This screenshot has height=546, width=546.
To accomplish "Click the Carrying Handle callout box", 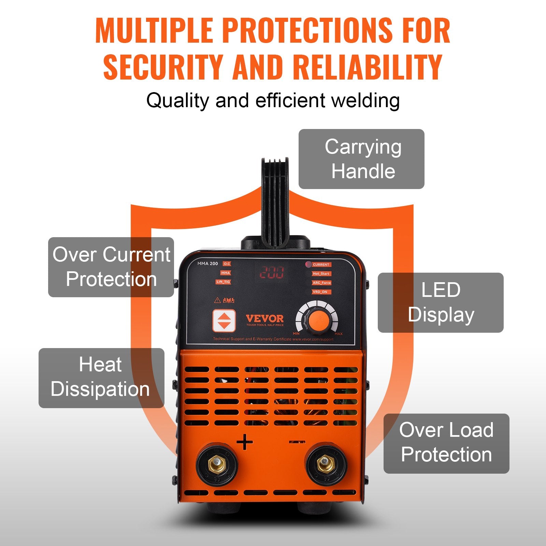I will pos(361,159).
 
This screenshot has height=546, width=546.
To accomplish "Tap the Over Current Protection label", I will pos(111,267).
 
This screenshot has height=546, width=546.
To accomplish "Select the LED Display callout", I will pos(441,302).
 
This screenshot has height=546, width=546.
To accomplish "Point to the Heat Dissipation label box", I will pos(101,378).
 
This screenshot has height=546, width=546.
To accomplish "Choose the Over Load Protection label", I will pos(446,443).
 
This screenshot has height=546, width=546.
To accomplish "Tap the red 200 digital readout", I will pos(272,272).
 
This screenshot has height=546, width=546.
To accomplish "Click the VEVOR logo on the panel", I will pos(265,319).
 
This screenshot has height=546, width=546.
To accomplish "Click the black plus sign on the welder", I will pos(245,443).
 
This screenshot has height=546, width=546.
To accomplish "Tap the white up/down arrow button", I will pos(224,321).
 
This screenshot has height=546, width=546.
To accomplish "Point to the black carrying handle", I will pos(275,201).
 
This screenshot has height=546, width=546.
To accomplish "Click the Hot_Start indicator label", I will pos(321,274).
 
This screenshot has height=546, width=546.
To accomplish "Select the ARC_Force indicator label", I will pos(321,283).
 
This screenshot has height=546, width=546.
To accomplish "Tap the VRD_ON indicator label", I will pos(320,292).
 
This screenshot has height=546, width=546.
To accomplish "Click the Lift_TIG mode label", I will pos(223,282).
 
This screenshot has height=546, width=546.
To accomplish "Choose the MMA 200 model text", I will pos(207,263).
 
